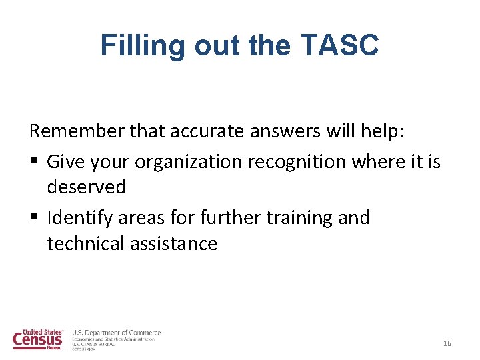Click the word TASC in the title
(x=340, y=45)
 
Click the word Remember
(x=77, y=132)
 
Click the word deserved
(x=86, y=187)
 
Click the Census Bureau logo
(x=39, y=339)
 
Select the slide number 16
(x=447, y=343)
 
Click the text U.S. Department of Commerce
(x=116, y=333)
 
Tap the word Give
(x=65, y=162)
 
